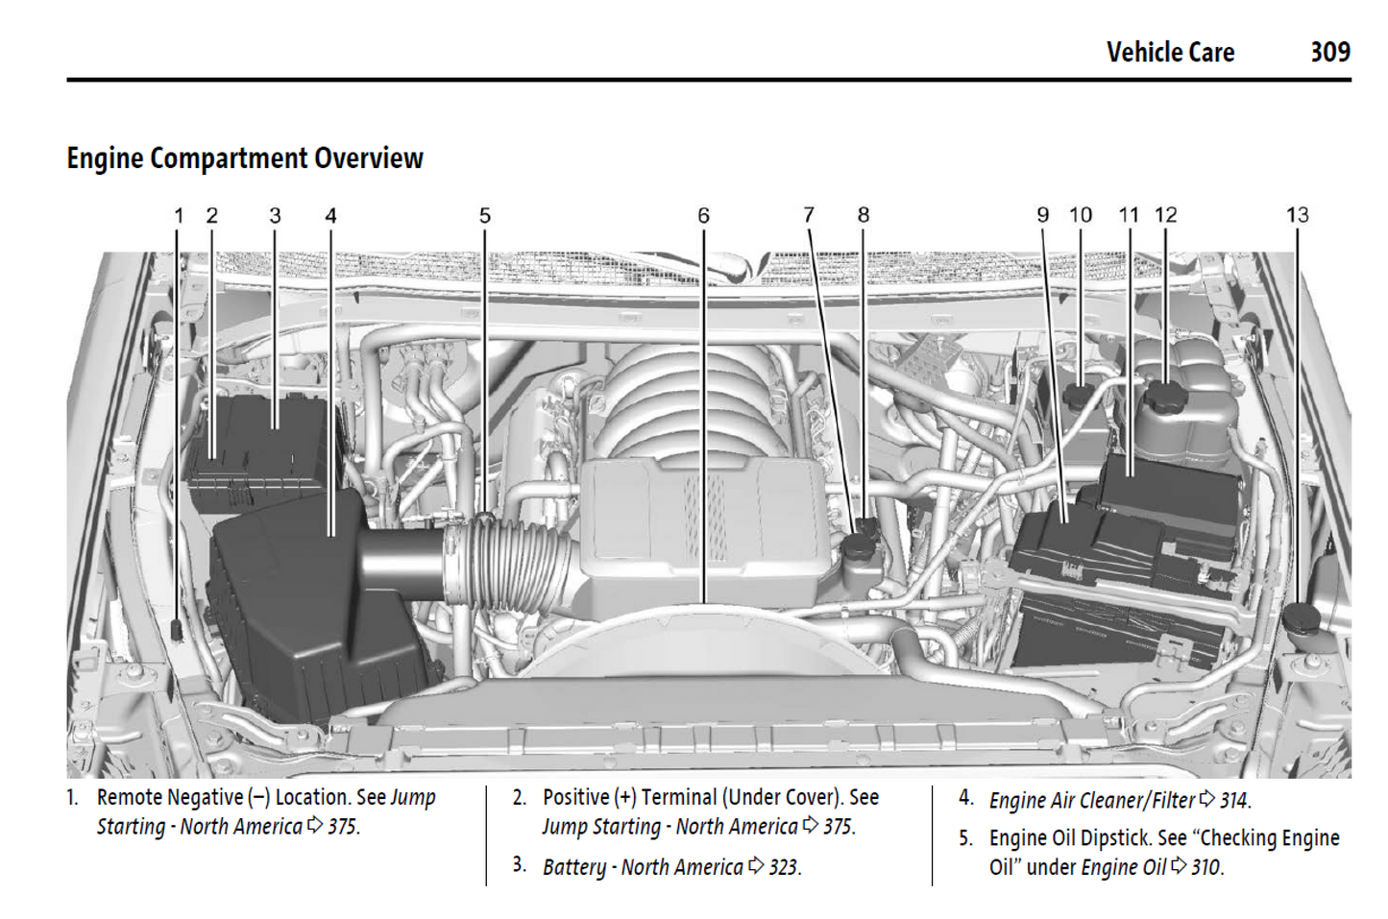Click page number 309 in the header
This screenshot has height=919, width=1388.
(1329, 52)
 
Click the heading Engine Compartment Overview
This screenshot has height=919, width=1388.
(245, 158)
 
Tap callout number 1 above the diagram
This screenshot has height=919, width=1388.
(179, 216)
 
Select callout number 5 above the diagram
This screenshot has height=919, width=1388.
(485, 216)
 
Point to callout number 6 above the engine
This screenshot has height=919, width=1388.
(704, 216)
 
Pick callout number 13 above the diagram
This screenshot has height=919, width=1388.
(1297, 216)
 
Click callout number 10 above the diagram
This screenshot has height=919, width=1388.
(1081, 216)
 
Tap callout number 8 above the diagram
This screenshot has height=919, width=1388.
(864, 216)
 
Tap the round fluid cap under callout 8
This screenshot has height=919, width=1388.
(861, 543)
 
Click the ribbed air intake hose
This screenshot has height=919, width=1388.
(509, 567)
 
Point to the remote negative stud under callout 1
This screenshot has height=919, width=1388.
(177, 629)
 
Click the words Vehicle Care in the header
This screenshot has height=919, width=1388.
(1170, 52)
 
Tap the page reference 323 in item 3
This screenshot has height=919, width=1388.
(783, 867)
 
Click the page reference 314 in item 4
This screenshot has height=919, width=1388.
(1233, 800)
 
